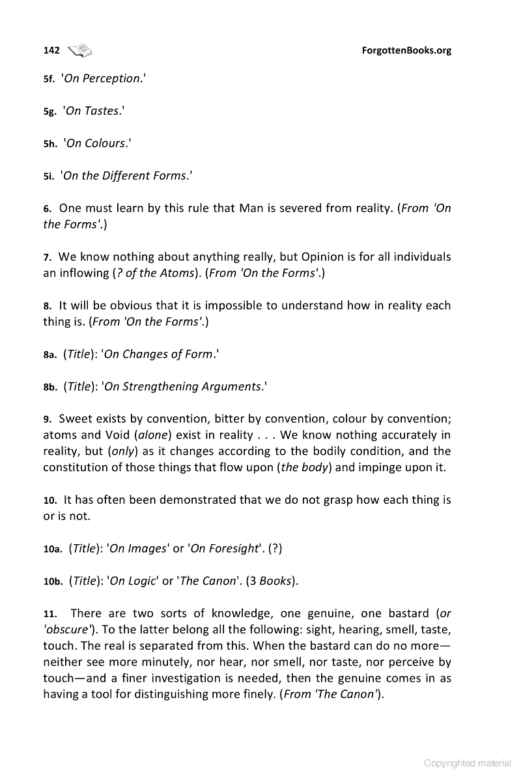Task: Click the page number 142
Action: coord(51,50)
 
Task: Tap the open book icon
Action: coord(81,50)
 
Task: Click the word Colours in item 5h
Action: coord(104,143)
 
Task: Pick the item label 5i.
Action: coord(48,176)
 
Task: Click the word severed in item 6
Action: coord(298,209)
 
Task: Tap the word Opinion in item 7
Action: coord(317,257)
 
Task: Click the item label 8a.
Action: coord(50,355)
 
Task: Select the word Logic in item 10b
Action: coord(125,581)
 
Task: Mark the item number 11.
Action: coord(50,613)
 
